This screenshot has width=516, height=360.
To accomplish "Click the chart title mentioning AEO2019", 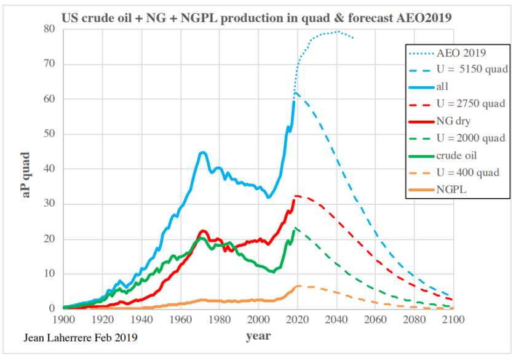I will tap(258, 18).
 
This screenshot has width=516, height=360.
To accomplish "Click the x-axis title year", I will tap(258, 337).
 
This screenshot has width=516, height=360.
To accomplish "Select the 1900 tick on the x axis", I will tap(63, 320).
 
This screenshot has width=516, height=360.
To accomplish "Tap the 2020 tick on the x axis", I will tap(298, 320).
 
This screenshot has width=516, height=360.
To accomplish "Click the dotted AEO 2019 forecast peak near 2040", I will tap(337, 31).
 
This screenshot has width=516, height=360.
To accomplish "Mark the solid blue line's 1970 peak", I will tap(202, 152).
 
